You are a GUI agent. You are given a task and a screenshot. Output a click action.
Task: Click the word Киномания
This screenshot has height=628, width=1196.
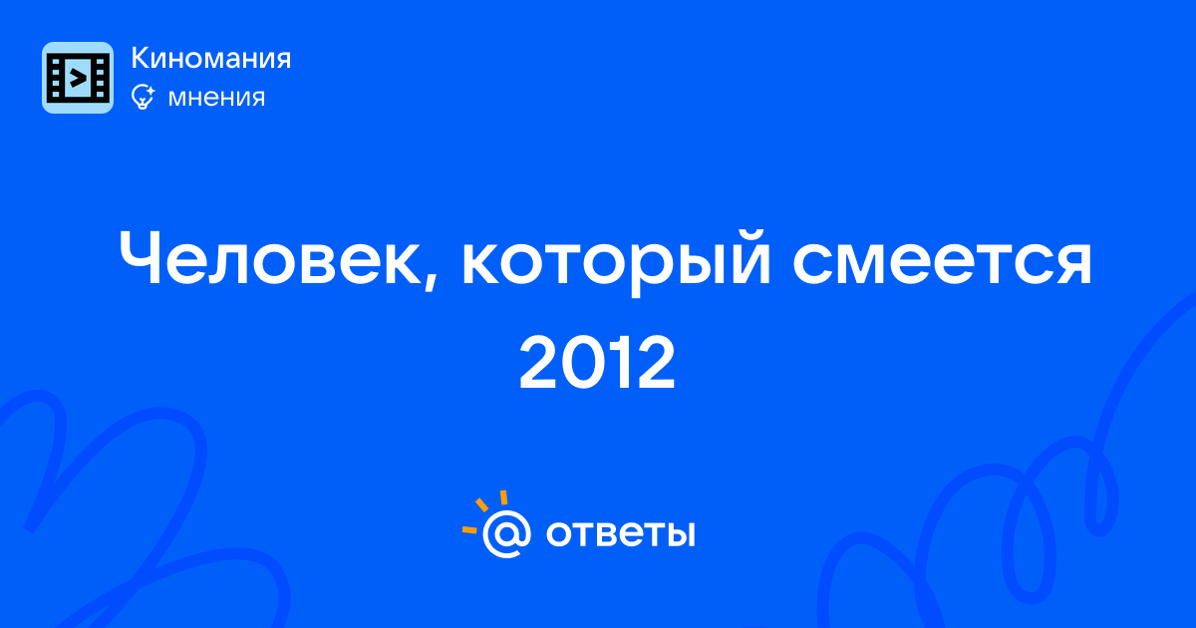[211, 58]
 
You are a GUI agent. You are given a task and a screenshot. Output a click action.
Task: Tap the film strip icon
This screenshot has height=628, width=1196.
[78, 78]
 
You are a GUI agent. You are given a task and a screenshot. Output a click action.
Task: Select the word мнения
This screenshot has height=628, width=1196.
[216, 98]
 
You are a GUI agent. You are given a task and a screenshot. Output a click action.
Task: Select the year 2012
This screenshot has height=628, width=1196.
[597, 363]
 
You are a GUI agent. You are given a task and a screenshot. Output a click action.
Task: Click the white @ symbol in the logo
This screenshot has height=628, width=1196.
[506, 534]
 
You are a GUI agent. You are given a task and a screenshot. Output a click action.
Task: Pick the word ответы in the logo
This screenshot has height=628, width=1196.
[620, 533]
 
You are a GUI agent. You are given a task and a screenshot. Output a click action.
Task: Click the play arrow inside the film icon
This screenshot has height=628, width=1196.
[79, 78]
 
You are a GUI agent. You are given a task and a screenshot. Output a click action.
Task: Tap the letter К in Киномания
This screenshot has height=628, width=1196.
[140, 58]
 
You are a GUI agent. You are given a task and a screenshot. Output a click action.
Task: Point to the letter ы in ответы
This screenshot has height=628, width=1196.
[679, 533]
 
